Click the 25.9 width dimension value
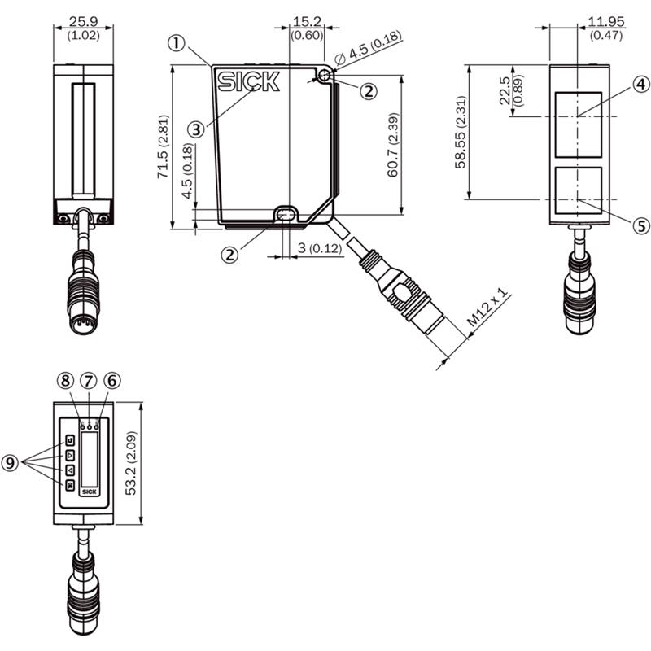84,22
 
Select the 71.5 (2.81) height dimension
163,147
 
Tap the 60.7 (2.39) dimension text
393,145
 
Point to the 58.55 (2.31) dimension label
461,133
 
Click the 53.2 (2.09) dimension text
131,463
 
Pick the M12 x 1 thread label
487,308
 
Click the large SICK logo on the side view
249,81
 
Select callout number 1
177,43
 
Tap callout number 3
196,129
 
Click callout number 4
641,85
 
